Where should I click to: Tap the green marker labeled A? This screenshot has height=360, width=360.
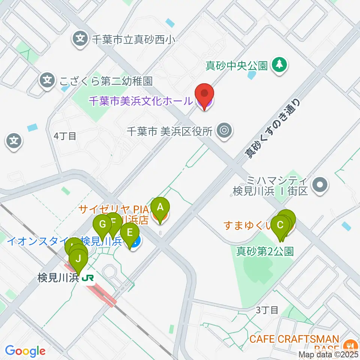click(160, 208)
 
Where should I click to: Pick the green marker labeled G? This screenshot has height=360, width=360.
click(102, 226)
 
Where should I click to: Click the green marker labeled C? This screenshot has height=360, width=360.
click(280, 226)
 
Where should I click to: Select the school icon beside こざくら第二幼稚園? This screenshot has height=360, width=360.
click(47, 80)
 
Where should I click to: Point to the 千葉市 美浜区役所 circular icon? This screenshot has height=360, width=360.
click(224, 131)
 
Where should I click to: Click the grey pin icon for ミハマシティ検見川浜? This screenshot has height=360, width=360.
click(320, 184)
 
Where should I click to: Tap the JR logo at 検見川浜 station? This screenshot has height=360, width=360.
click(88, 278)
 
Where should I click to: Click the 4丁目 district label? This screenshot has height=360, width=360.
click(65, 136)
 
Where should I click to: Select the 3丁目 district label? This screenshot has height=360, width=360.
click(267, 310)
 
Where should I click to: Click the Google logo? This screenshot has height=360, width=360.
click(25, 351)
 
